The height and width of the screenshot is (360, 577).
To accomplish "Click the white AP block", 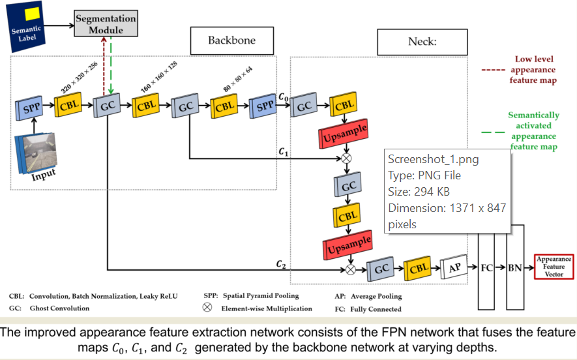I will [455, 267].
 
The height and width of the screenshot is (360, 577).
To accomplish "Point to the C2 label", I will [281, 264].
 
